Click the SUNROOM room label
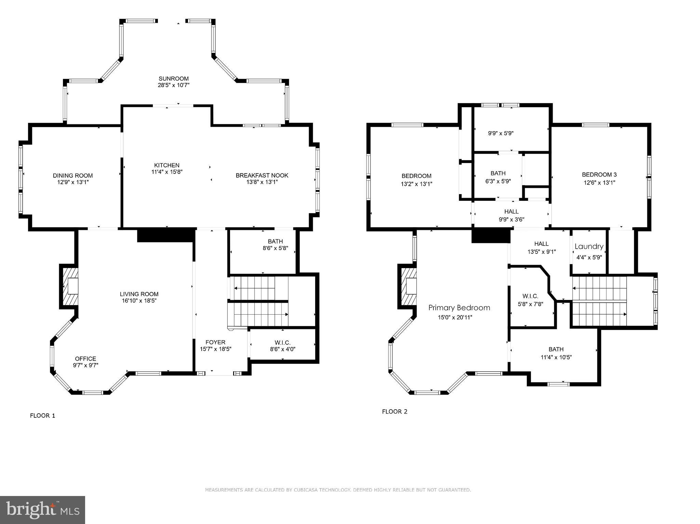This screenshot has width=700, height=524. click(x=173, y=79)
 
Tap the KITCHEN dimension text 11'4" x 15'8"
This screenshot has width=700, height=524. click(x=167, y=172)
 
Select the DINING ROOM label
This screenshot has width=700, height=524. click(x=72, y=176)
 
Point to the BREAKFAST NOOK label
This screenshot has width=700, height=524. click(x=262, y=176)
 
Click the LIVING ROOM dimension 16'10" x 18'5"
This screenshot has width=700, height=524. click(x=139, y=301)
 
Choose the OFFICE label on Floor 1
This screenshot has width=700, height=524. click(x=85, y=359)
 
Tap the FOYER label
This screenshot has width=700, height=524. click(x=215, y=342)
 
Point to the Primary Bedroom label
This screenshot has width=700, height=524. click(x=459, y=308)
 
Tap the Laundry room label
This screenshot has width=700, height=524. click(x=589, y=247)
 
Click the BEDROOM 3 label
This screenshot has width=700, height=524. click(x=599, y=175)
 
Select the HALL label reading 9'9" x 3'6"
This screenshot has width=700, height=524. click(x=511, y=212)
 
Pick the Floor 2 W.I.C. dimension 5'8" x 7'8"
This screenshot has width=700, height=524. click(x=530, y=304)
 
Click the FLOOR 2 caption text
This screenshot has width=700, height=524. click(x=394, y=412)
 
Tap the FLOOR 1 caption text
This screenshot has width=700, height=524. click(x=42, y=416)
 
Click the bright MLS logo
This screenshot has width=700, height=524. click(x=42, y=510)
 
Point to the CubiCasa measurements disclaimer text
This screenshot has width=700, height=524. click(x=338, y=490)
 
